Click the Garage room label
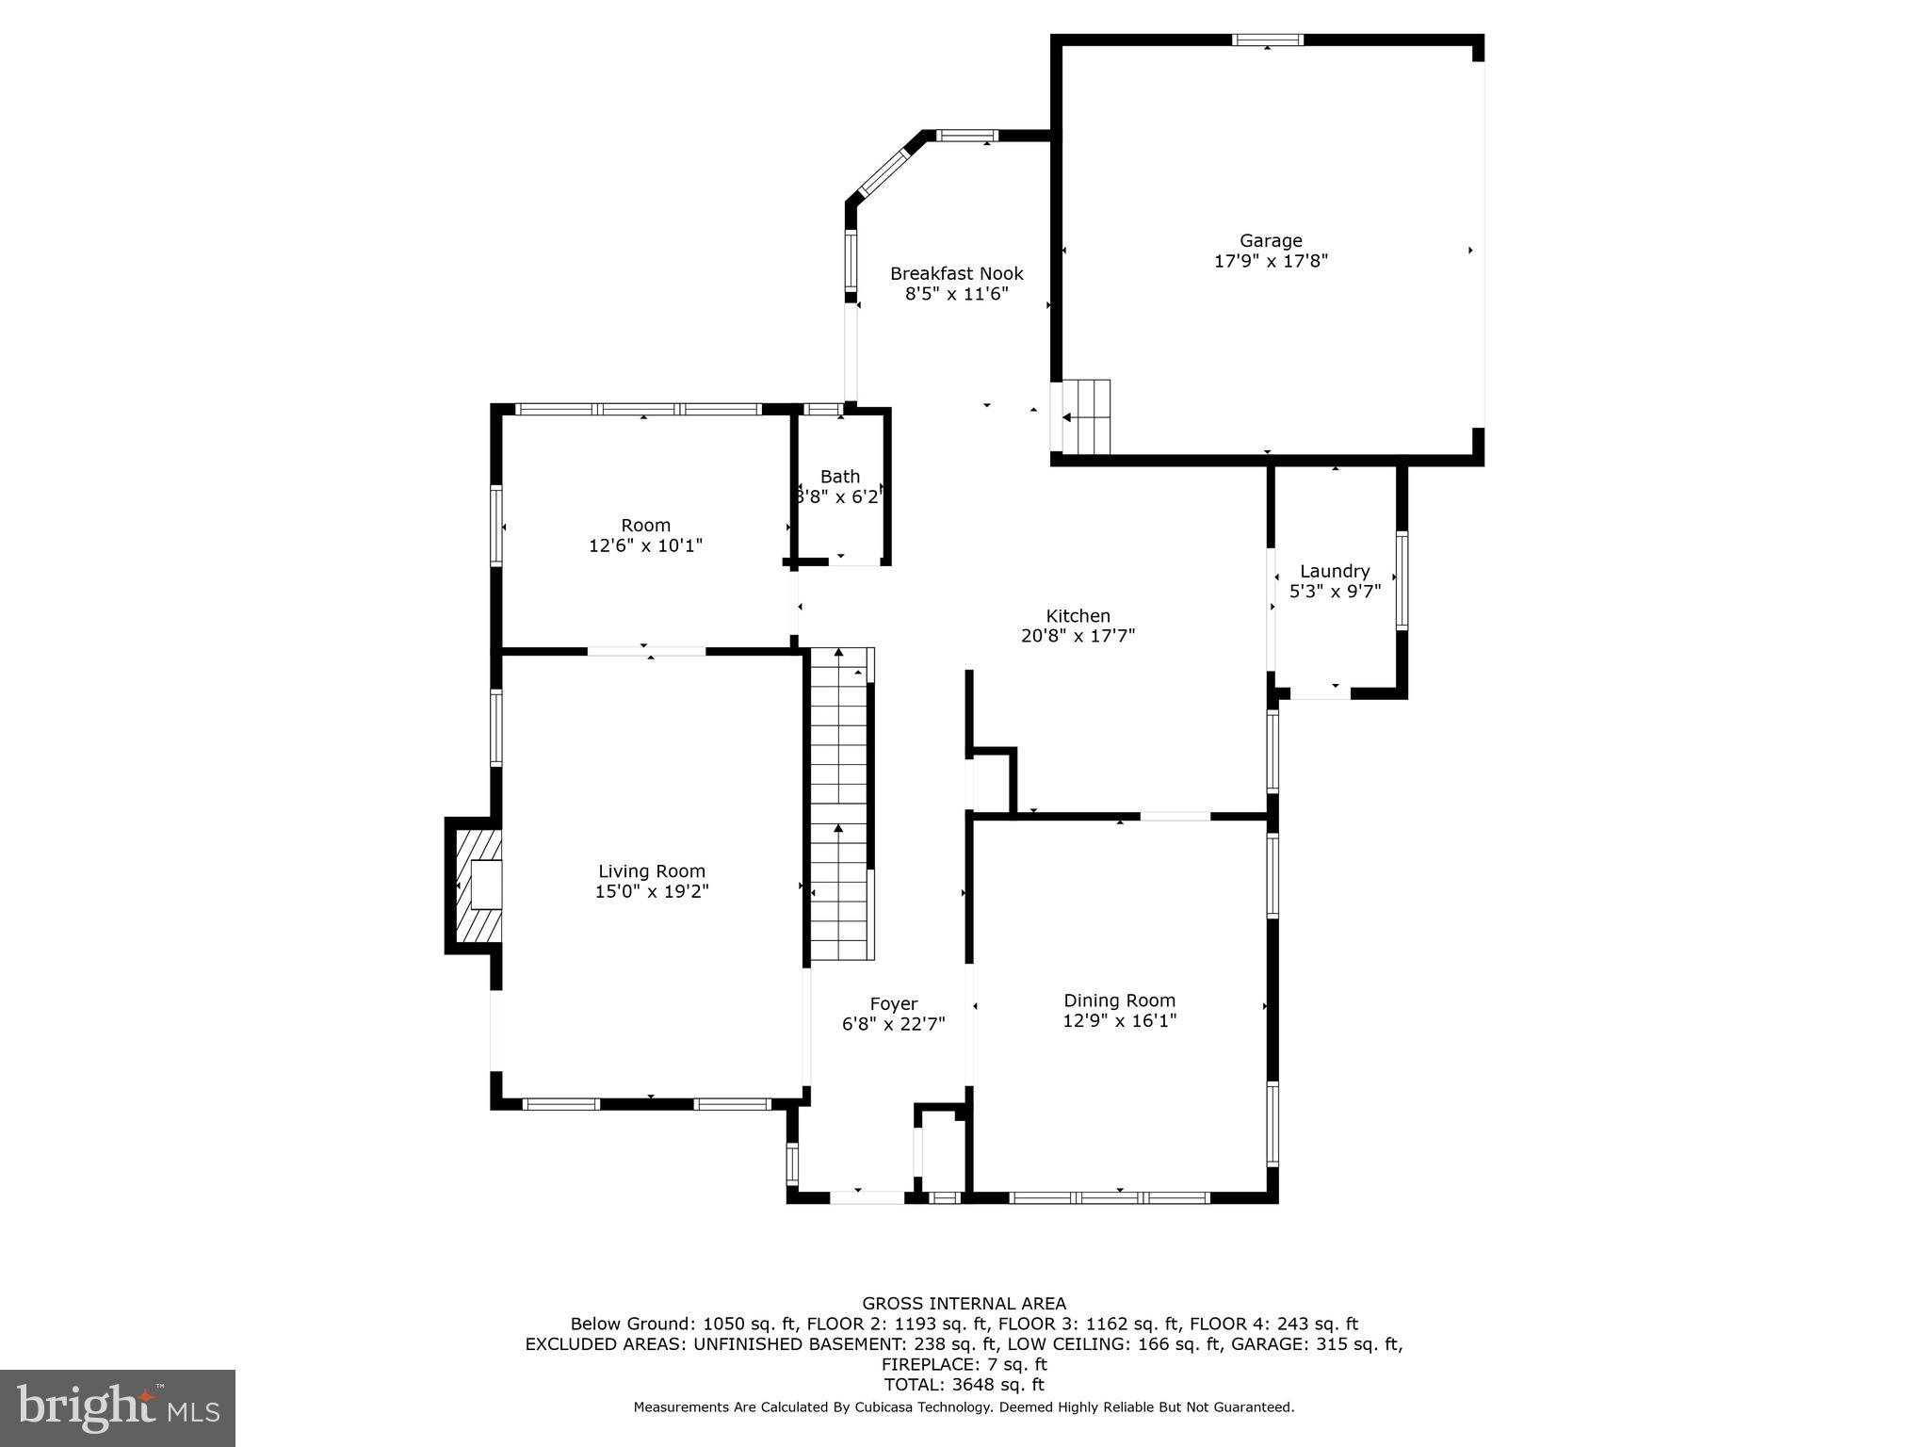(1271, 241)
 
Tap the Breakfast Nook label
(957, 274)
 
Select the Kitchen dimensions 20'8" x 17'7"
(1078, 636)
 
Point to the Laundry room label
(1335, 571)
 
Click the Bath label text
(839, 477)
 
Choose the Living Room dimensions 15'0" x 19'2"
(651, 891)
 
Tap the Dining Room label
(1119, 1000)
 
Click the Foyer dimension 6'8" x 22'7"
(893, 1024)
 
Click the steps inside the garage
(1086, 417)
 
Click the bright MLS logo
(118, 1407)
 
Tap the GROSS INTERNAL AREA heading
(964, 1304)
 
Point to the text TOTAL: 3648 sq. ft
(964, 1385)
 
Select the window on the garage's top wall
(1268, 40)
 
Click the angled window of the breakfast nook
(883, 171)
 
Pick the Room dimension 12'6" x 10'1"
(645, 545)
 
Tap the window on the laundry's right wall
(1402, 580)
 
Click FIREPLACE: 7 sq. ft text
(964, 1364)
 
